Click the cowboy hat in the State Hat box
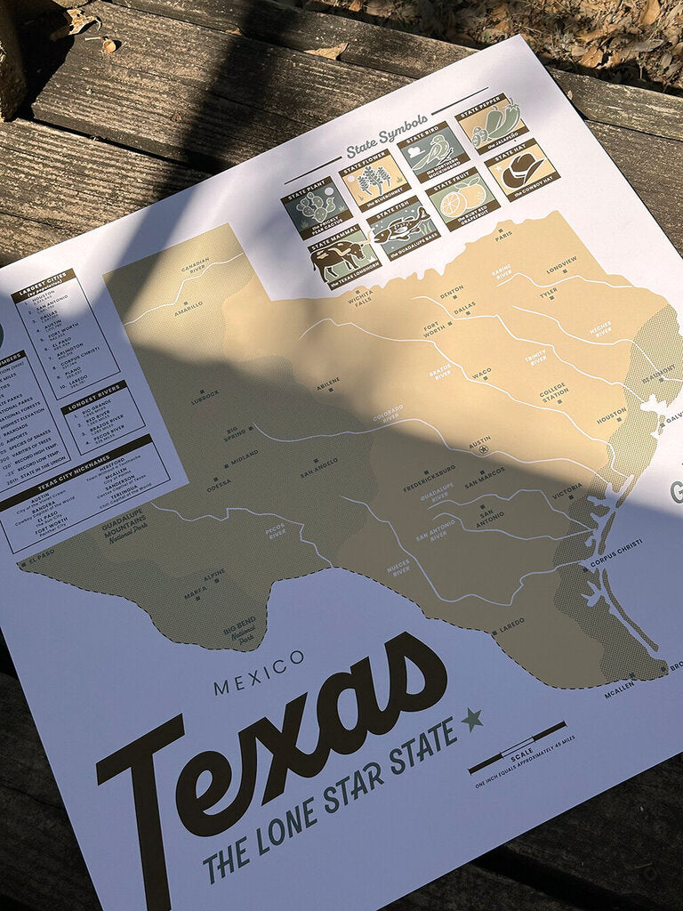522,170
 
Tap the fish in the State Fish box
400,229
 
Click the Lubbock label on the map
204,392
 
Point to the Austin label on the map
479,439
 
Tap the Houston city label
611,414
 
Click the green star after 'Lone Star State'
471,718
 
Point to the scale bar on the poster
517,748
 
